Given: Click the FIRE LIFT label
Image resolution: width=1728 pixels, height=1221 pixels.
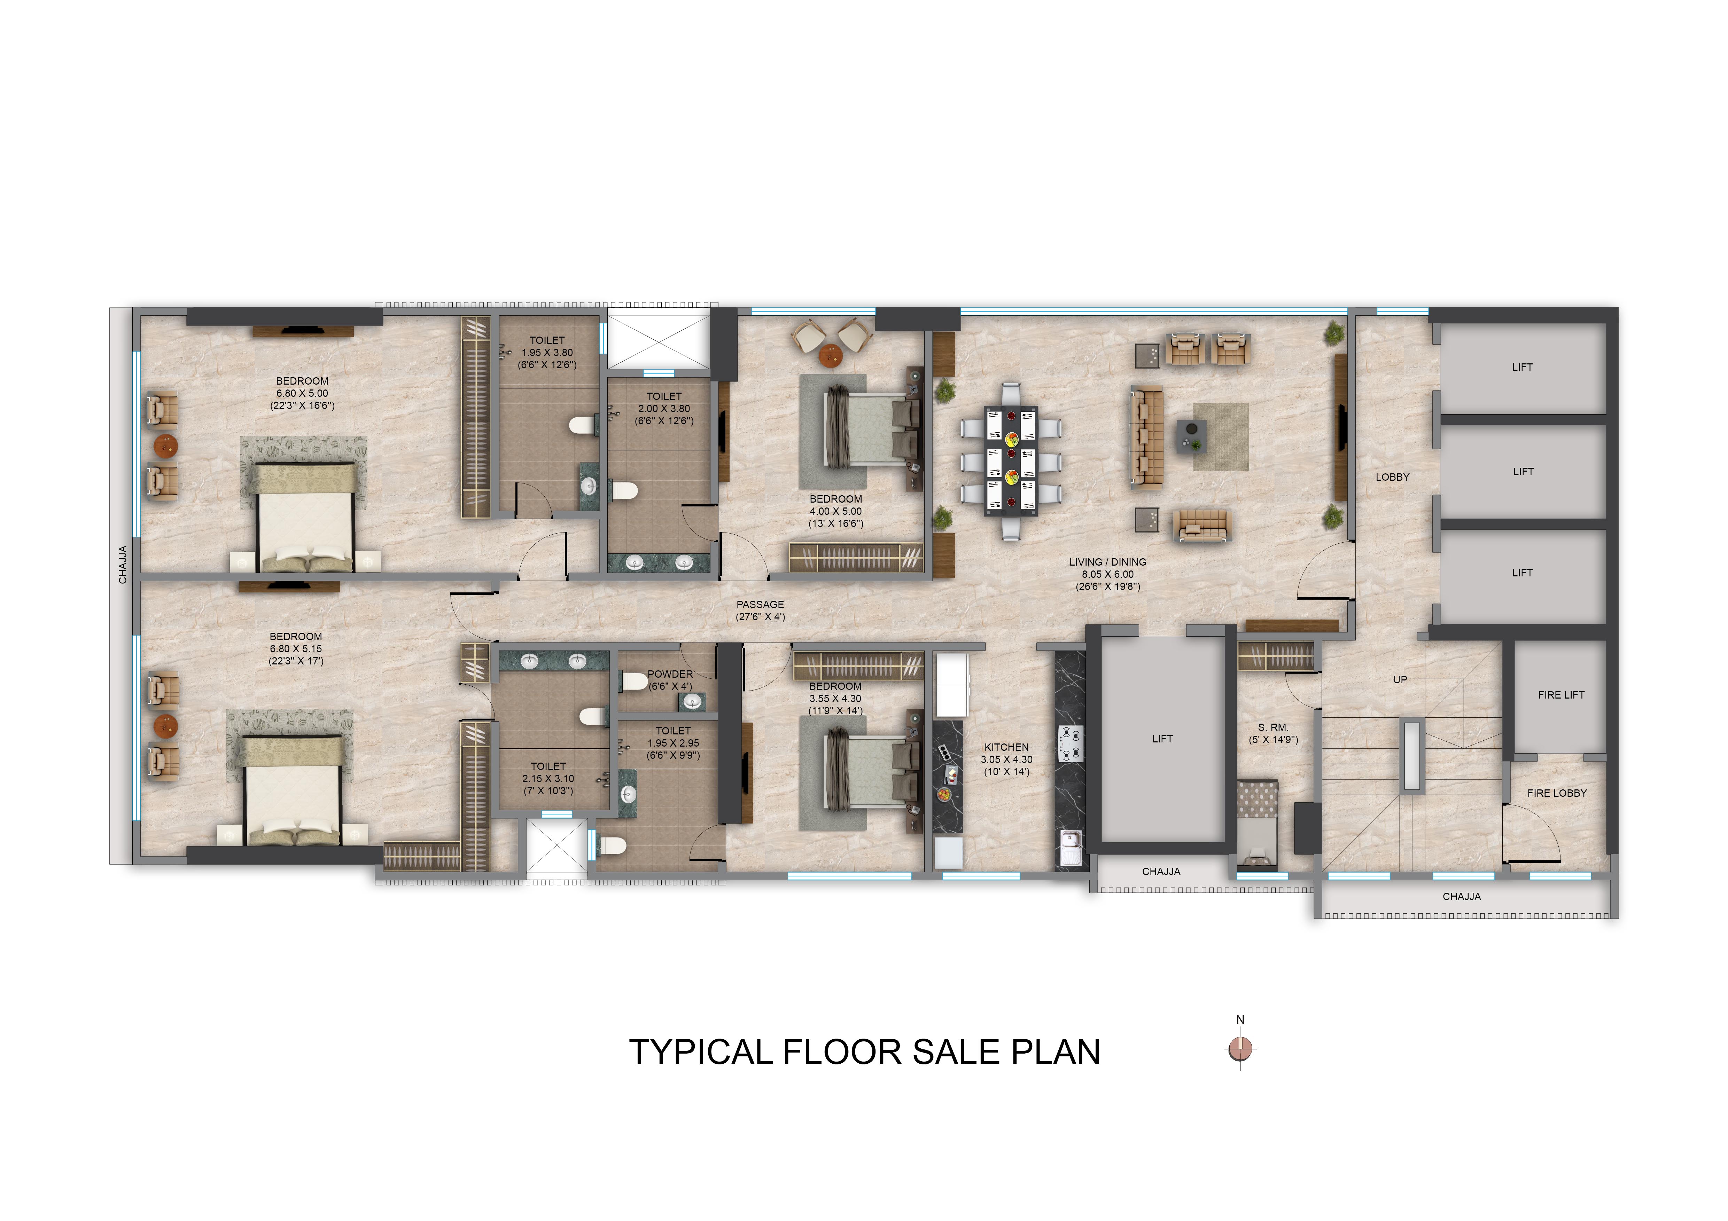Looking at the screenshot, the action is [x=1561, y=695].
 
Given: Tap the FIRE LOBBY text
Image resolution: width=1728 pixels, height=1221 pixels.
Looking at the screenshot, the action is [x=1556, y=793].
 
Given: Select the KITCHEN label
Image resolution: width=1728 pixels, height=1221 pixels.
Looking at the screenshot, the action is [x=1006, y=747].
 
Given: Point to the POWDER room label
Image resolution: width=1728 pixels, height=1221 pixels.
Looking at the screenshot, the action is [x=670, y=674].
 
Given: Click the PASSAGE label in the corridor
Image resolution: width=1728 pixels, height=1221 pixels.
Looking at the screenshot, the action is [x=760, y=604].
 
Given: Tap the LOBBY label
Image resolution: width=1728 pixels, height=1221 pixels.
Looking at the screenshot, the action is [x=1392, y=477].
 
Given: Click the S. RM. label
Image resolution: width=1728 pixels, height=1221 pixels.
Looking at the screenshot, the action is [x=1274, y=727].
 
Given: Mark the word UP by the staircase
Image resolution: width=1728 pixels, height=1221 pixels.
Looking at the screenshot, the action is [x=1400, y=679].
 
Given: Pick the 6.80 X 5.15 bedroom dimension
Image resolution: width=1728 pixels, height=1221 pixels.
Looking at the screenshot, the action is [x=296, y=648].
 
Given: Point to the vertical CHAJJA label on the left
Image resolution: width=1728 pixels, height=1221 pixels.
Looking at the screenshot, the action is [x=123, y=565].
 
